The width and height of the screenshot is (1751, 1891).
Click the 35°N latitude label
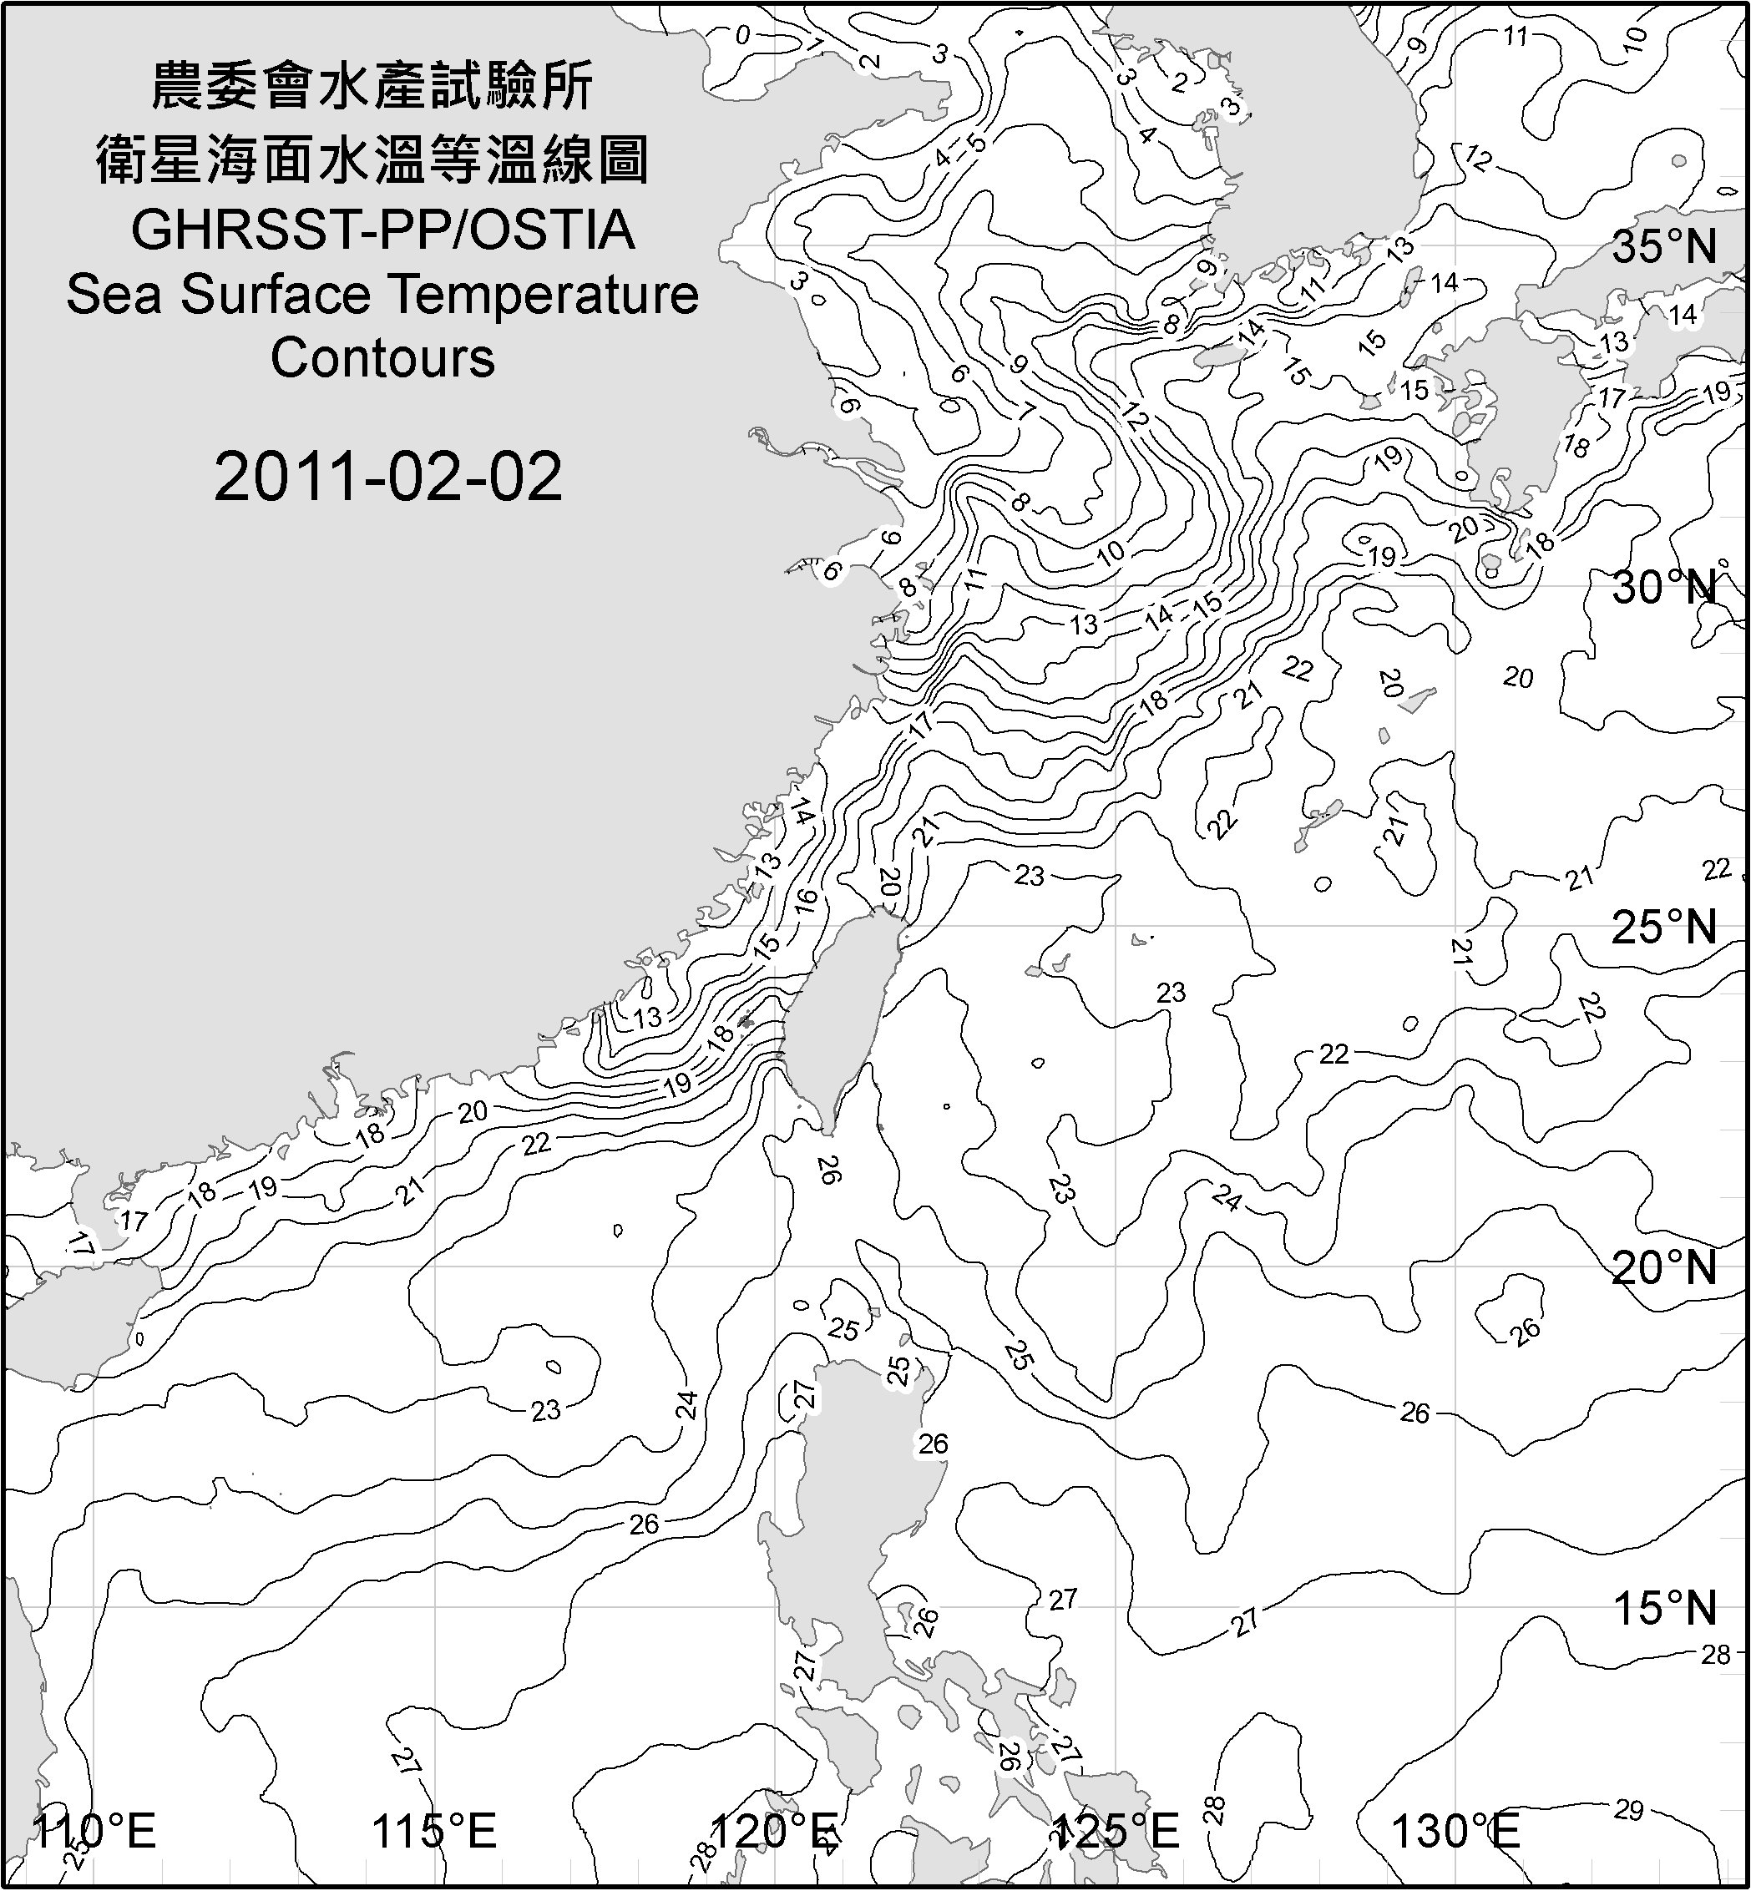point(1665,247)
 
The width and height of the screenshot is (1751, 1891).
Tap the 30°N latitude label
point(1665,589)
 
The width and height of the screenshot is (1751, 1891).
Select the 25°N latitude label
point(1665,928)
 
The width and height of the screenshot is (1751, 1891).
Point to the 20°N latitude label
point(1665,1268)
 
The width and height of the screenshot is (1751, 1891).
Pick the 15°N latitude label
point(1665,1608)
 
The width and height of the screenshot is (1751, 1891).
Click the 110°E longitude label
point(94,1832)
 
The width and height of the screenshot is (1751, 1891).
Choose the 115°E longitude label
point(435,1832)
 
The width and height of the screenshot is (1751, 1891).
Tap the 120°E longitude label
point(774,1832)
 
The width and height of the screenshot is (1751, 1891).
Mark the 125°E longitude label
point(1116,1832)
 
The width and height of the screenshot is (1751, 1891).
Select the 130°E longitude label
point(1455,1832)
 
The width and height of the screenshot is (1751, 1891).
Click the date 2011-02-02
point(387,477)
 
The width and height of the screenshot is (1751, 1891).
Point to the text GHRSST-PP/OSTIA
point(382,230)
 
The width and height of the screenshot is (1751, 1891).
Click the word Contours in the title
point(382,358)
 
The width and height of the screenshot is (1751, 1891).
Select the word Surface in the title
point(275,295)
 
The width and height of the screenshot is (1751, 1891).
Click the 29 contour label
point(1627,1811)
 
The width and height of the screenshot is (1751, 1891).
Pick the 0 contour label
point(743,36)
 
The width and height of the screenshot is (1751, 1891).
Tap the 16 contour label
point(804,901)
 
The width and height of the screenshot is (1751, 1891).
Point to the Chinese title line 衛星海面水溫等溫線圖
point(372,159)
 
